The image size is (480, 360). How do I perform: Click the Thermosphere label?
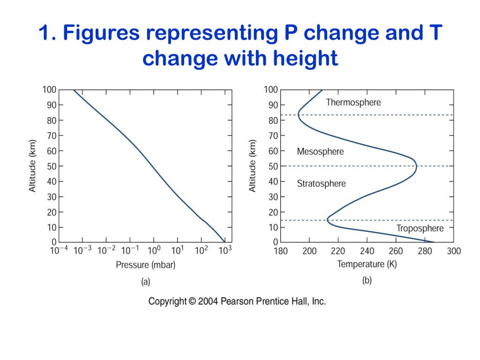click(353, 102)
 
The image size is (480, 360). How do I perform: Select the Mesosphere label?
click(320, 152)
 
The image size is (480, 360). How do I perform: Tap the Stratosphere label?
click(321, 184)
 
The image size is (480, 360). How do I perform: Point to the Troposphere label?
click(420, 229)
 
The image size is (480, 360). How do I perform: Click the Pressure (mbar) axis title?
click(145, 265)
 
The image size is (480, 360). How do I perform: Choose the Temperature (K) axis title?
click(367, 264)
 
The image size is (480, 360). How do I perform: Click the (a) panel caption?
click(145, 282)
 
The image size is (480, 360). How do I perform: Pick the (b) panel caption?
click(367, 281)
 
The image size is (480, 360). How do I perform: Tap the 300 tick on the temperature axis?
click(454, 251)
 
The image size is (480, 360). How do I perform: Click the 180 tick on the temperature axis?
click(280, 251)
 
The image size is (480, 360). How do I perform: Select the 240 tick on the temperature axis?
click(367, 251)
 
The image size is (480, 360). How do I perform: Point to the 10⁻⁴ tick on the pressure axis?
click(59, 250)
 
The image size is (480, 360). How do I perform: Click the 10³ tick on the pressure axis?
click(225, 250)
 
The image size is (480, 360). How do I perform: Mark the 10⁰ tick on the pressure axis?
click(154, 250)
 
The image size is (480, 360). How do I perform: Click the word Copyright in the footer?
click(167, 302)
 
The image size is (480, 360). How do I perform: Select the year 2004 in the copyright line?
click(207, 302)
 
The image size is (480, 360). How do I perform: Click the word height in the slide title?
click(306, 60)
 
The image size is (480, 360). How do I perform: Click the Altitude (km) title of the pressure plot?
click(33, 166)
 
